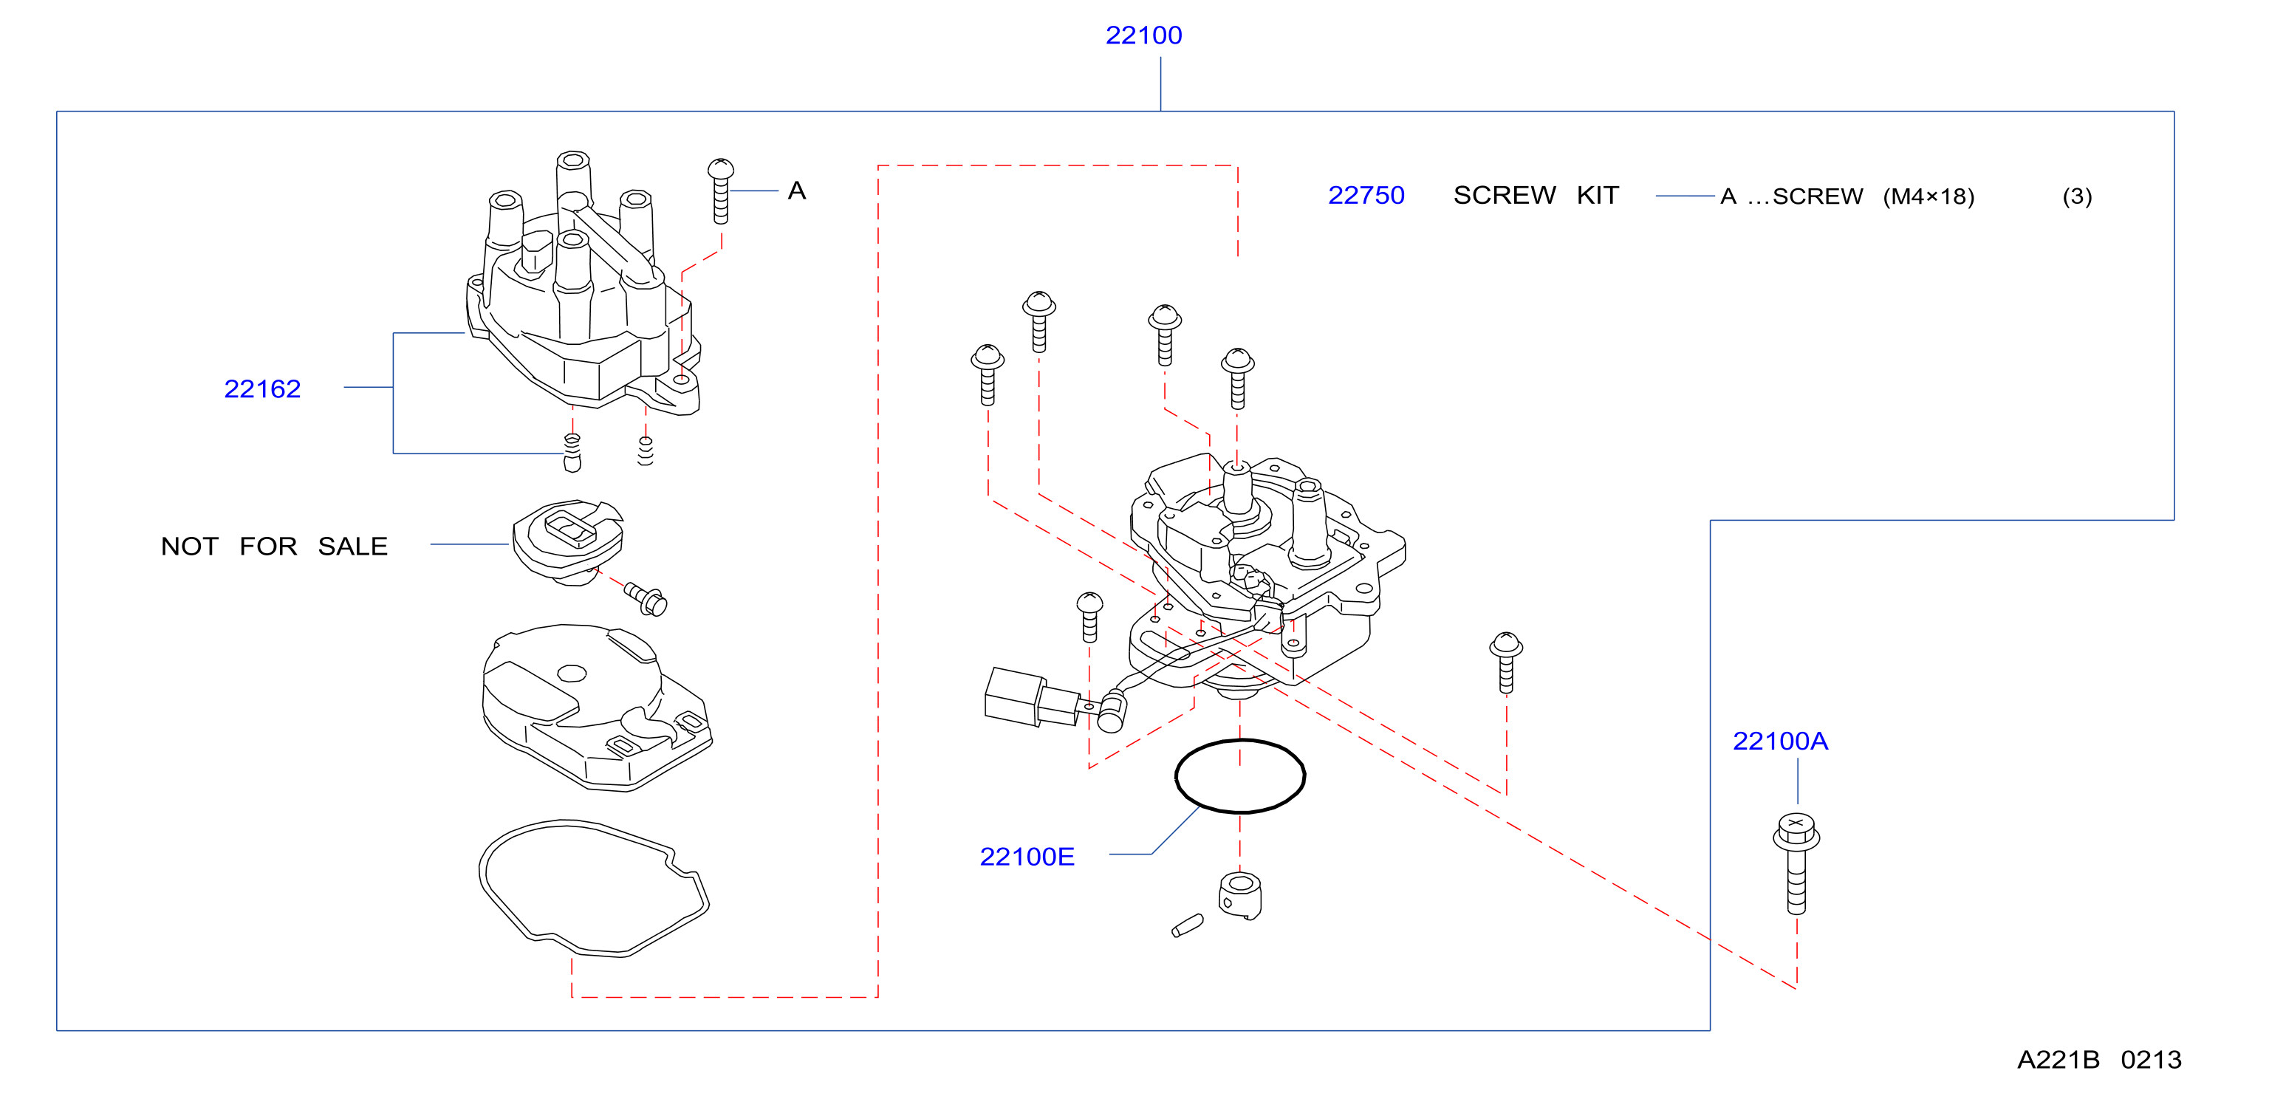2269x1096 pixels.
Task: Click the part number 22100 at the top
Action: [1143, 35]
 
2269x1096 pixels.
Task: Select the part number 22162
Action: [262, 388]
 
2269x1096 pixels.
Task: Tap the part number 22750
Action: [1366, 195]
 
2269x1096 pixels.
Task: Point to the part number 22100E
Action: [1027, 857]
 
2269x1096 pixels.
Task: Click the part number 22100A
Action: [1780, 741]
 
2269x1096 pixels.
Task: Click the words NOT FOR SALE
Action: [274, 547]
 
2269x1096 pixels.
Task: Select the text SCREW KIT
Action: [1536, 195]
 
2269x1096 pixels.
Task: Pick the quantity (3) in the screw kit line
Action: [2077, 196]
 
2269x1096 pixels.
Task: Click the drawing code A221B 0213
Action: [2099, 1059]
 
